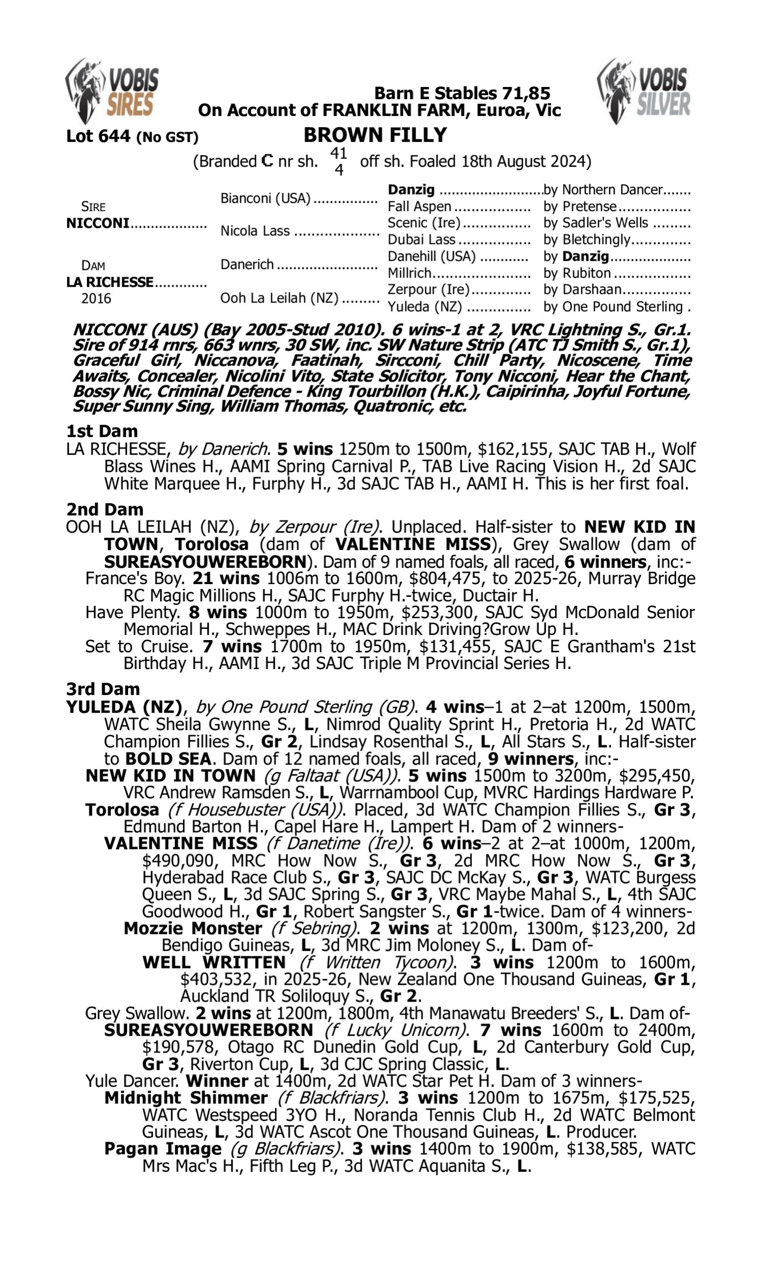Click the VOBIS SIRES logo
tap(112, 92)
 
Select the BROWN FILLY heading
tap(375, 135)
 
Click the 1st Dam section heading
tap(102, 431)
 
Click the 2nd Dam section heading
tap(104, 509)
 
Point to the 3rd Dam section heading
tap(103, 689)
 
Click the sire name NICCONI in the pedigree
tap(98, 224)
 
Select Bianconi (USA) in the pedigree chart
tap(266, 198)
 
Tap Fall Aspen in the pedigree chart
tap(419, 206)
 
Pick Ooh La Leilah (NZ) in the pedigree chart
tap(279, 298)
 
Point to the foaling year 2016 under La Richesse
tap(96, 298)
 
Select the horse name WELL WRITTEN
tap(213, 962)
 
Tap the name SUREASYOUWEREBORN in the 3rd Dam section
tap(208, 1030)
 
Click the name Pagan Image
tap(163, 1148)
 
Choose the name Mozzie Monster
tap(193, 928)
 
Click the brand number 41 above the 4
tap(338, 153)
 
